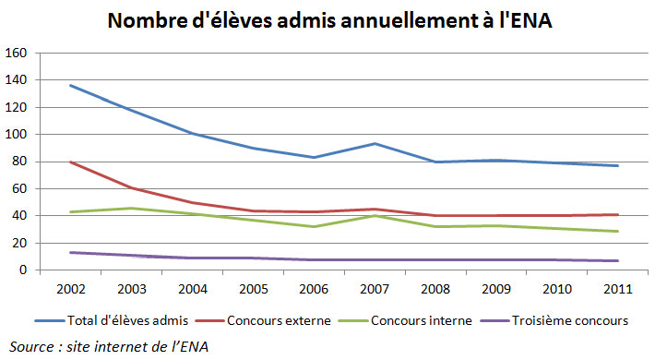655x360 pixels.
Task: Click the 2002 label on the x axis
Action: (x=71, y=287)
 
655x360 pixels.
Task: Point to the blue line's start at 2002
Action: (x=71, y=85)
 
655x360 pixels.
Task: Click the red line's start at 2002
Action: (x=71, y=162)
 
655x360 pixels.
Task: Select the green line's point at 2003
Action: (x=133, y=209)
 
